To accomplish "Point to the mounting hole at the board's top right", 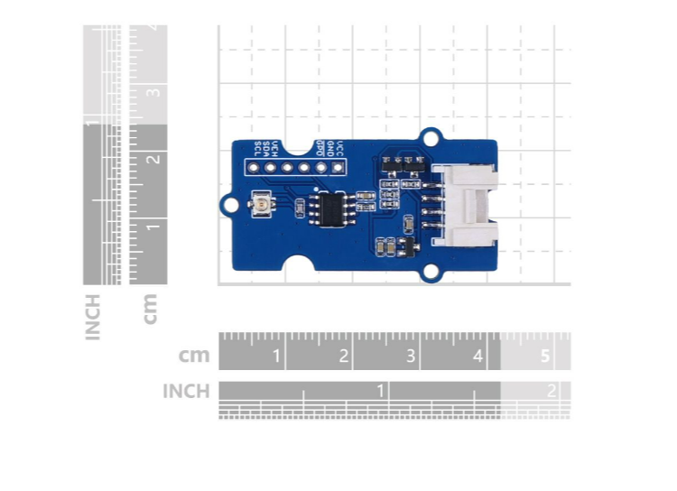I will click(433, 138).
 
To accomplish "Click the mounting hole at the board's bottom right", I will click(433, 273).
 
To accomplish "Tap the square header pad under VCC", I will click(338, 166).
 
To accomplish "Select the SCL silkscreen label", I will click(257, 148).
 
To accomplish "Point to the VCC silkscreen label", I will click(338, 148).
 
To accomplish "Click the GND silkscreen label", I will click(329, 148).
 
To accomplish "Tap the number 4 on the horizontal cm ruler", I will click(477, 357).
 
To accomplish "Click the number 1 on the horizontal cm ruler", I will click(276, 357).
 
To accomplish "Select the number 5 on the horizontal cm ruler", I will click(545, 357).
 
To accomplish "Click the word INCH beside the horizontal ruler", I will click(185, 392).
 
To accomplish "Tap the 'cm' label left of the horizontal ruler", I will click(194, 356).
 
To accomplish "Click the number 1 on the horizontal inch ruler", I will click(382, 390).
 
